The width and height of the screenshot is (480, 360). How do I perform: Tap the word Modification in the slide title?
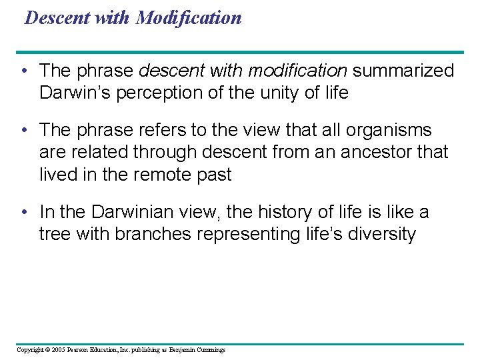tap(189, 17)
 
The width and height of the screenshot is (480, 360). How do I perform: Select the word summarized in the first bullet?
tap(403, 71)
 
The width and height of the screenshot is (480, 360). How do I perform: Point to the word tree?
tap(54, 235)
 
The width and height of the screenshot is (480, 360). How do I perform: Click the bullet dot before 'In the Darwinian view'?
tap(23, 213)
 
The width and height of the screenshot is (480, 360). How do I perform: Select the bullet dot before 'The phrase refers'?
tap(23, 131)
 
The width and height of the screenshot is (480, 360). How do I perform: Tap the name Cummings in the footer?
tap(211, 350)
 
